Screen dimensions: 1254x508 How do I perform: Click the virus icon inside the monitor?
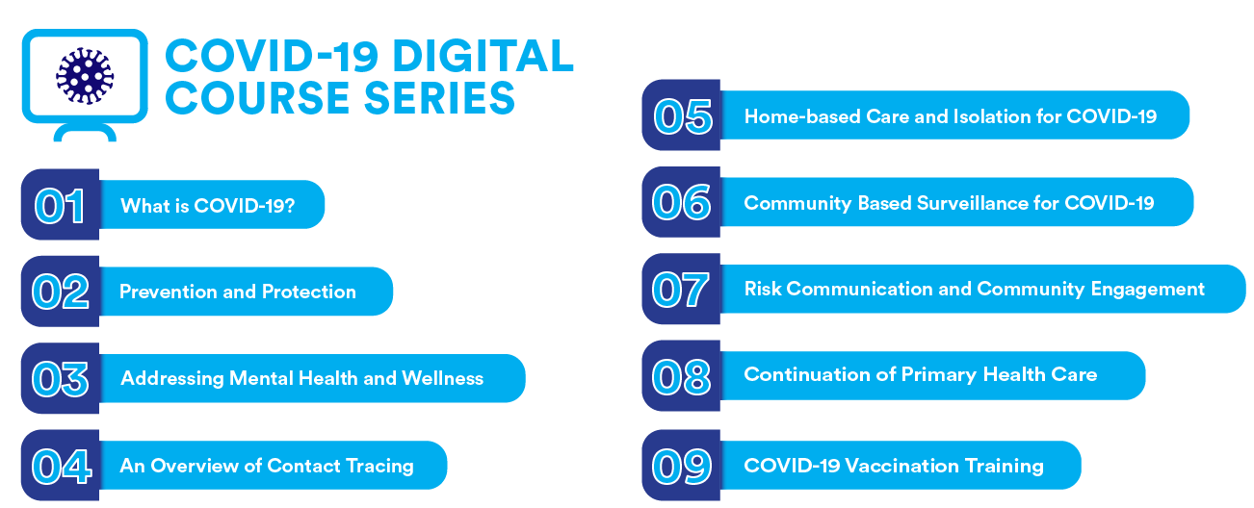pos(85,76)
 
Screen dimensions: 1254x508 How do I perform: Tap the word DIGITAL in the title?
pos(483,56)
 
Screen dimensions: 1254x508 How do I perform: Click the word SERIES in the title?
pos(439,98)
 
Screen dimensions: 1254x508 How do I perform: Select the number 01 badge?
pos(61,205)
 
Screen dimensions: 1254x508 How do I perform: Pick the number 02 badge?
pos(61,292)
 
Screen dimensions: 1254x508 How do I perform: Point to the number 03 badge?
pos(61,378)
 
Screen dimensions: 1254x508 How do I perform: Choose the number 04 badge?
pos(61,466)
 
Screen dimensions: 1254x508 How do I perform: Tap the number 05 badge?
pos(681,115)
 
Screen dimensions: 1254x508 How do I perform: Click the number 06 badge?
pos(681,202)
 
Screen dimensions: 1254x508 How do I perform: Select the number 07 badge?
pos(681,289)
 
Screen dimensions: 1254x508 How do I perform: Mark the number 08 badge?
pos(681,376)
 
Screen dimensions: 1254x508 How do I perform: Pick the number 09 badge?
pos(681,466)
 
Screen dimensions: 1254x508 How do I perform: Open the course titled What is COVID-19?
pos(208,205)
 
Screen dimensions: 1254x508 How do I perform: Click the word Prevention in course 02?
pos(168,292)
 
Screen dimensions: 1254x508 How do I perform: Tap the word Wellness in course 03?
pos(442,378)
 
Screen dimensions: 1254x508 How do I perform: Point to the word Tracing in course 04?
pos(379,466)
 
